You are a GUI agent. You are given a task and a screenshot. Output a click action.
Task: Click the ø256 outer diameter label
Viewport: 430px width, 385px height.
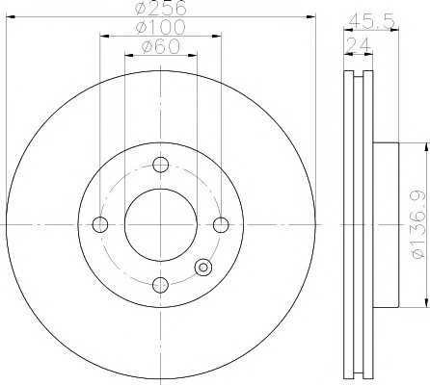point(161,8)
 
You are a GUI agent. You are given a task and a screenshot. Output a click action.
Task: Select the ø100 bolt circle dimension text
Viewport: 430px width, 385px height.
point(160,27)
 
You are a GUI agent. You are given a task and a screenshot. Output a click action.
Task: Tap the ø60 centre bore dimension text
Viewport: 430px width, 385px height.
point(161,46)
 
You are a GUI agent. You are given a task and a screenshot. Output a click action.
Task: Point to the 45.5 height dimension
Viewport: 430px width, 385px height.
point(371,21)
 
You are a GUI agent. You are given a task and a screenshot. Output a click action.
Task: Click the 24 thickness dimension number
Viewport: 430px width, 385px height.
point(359,44)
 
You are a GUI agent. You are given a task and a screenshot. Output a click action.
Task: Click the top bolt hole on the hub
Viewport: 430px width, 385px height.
point(160,165)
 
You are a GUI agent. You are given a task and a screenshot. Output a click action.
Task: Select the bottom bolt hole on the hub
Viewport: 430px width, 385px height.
point(160,285)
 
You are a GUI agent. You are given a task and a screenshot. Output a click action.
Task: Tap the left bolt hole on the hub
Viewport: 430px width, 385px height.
point(100,224)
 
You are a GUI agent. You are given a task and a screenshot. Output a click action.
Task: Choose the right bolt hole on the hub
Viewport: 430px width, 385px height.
point(221,224)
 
